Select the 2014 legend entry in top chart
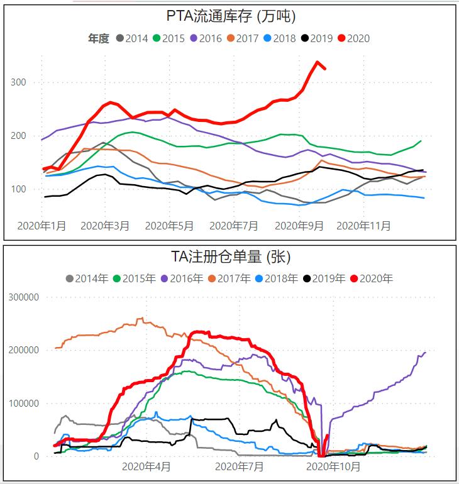click(131, 38)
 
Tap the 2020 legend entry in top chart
click(353, 38)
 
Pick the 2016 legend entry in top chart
click(205, 38)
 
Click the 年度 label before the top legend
click(98, 38)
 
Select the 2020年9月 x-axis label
click(299, 225)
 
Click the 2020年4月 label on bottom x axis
click(146, 466)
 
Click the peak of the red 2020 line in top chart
click(318, 62)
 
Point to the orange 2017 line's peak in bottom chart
click(141, 318)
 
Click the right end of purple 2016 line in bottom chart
click(425, 353)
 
